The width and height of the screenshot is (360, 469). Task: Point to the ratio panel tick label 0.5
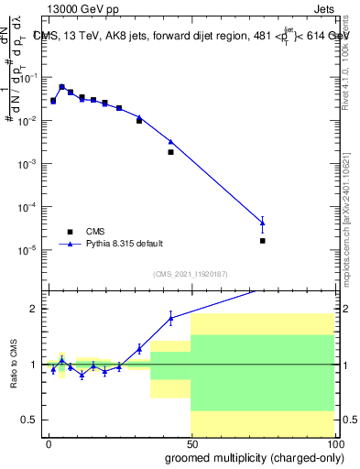coord(30,420)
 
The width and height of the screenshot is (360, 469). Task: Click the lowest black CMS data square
coord(262,241)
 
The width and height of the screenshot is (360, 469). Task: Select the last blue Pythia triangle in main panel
coord(262,222)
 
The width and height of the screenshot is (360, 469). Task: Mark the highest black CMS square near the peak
coord(61,88)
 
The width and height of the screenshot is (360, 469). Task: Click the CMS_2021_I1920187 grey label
coord(190,274)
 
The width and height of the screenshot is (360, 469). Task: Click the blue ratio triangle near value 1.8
coord(170,318)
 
